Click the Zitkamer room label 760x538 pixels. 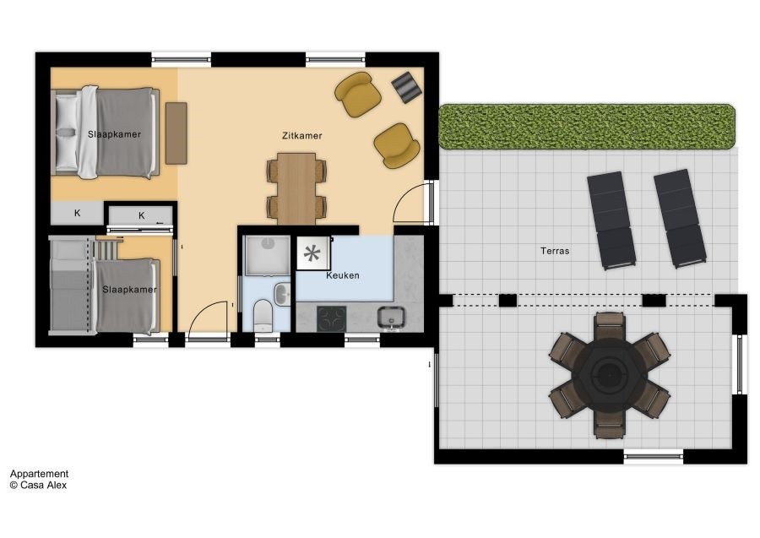301,136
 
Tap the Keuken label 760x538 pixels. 343,275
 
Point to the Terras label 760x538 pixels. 555,251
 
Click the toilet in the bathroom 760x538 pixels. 263,316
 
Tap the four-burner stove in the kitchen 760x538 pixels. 332,318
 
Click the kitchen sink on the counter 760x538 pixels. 391,318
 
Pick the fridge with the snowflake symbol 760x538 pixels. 313,253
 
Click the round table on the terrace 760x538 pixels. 609,375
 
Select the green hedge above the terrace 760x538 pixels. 587,126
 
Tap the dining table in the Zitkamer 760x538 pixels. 296,189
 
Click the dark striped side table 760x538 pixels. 407,87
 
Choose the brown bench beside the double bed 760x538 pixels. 176,133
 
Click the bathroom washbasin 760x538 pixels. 282,294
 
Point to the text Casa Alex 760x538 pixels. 44,485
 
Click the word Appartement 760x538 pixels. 39,474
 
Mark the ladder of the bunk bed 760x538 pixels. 107,248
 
